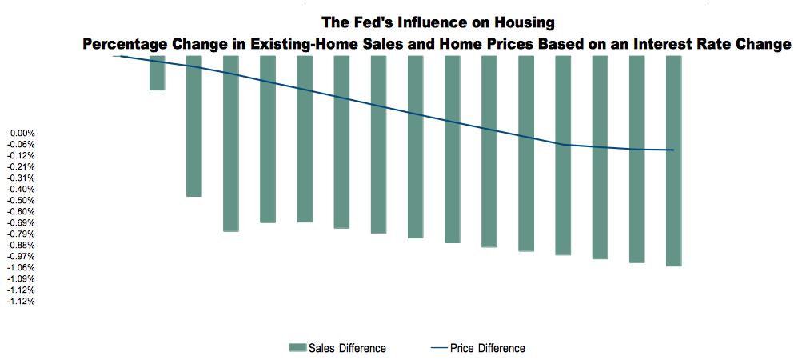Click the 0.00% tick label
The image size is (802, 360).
[22, 133]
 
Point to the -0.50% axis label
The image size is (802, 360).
[22, 200]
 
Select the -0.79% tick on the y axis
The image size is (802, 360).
[22, 234]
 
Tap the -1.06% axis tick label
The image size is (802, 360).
[22, 267]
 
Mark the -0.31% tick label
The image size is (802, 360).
[22, 178]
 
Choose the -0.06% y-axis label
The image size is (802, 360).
[22, 144]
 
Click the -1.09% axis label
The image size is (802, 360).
[22, 278]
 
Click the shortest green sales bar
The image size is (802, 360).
[157, 73]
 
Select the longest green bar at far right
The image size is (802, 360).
[673, 160]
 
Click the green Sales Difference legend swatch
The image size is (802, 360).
[297, 348]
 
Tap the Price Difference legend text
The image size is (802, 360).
[488, 348]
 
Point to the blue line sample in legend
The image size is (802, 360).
[438, 348]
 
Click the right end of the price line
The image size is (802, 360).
[673, 150]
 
